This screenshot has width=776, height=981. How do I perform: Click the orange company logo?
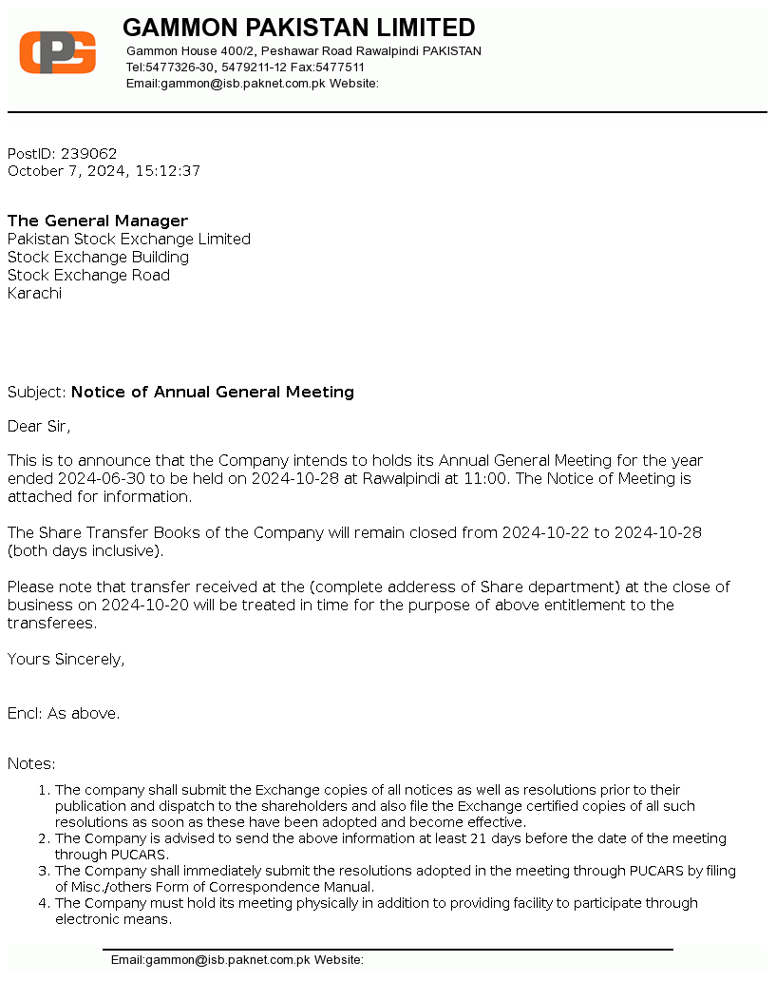click(x=58, y=51)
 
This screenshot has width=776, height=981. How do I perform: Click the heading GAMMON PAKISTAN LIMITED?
click(x=298, y=28)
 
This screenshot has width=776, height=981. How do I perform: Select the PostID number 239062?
click(x=89, y=153)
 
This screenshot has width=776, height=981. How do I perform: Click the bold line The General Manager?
click(x=98, y=221)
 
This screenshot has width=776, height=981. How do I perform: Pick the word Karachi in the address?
click(x=34, y=293)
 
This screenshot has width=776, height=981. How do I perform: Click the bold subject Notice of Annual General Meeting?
click(x=213, y=392)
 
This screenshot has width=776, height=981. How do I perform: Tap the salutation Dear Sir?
click(x=39, y=426)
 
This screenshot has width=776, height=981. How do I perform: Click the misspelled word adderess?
click(x=412, y=587)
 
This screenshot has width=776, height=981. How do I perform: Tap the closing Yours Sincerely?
click(x=66, y=659)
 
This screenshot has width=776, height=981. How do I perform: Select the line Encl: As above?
click(x=64, y=713)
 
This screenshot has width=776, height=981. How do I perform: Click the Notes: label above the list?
click(x=31, y=763)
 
